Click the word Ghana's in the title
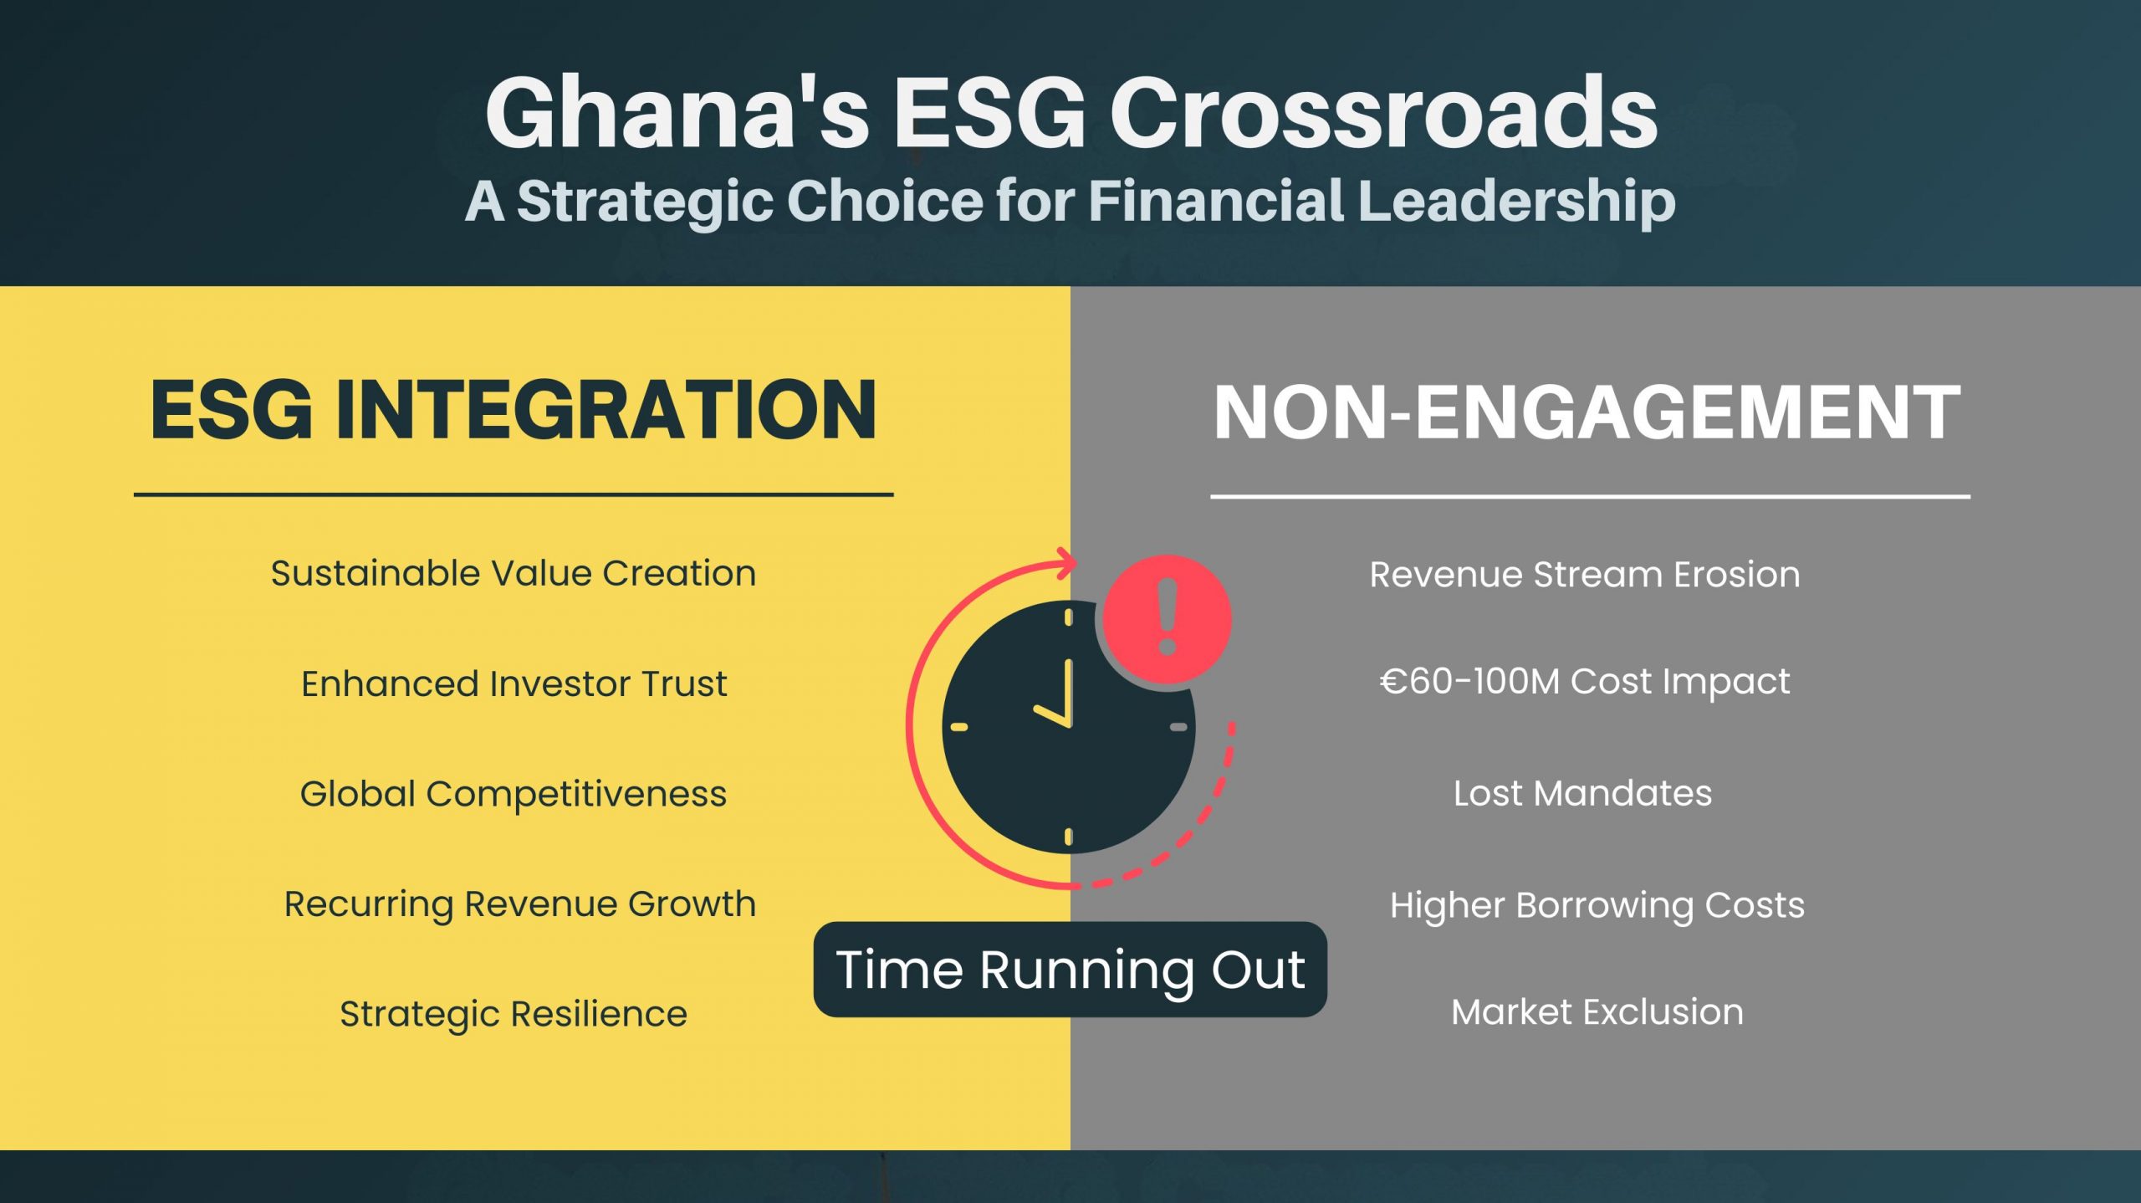click(677, 113)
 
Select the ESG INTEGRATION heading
click(514, 409)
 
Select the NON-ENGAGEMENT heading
click(1587, 412)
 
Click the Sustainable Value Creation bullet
click(514, 573)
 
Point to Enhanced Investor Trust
click(514, 683)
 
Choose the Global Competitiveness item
click(514, 794)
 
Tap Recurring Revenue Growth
click(519, 904)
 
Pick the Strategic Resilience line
click(514, 1014)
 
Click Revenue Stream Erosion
click(1585, 575)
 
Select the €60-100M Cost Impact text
click(1585, 682)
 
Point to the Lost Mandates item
click(1582, 793)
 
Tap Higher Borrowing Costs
click(1597, 905)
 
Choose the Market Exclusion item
click(1597, 1012)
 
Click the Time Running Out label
click(1070, 970)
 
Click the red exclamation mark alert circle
click(1168, 619)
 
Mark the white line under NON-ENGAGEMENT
click(1590, 496)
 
